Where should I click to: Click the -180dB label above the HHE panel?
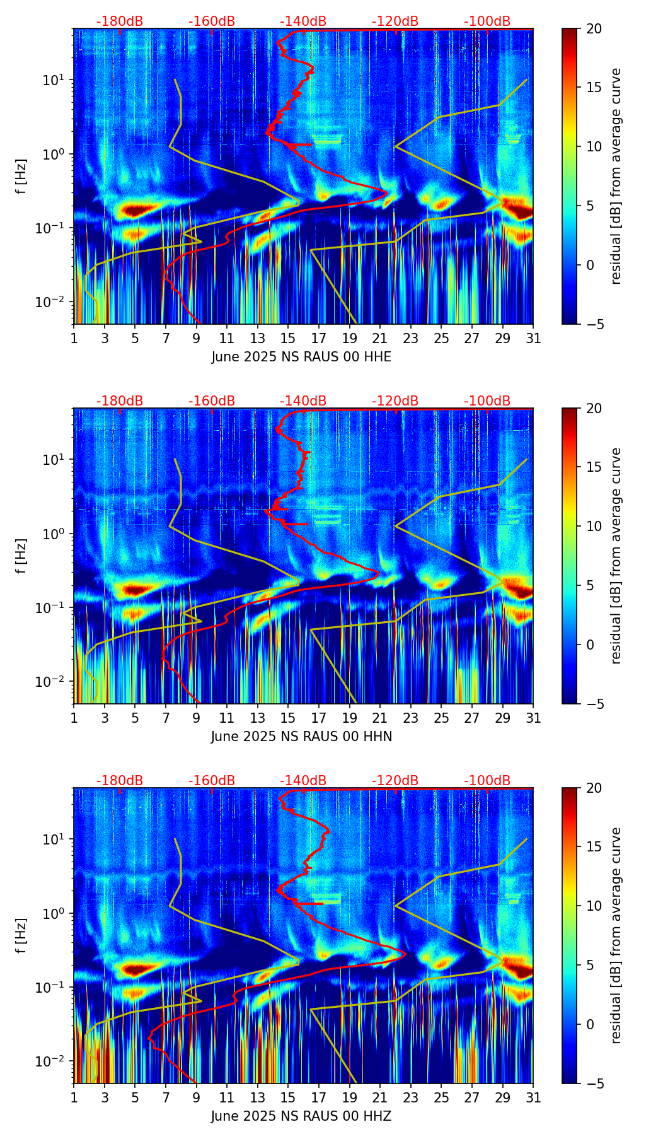coord(120,21)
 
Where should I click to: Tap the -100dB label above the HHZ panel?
coord(487,781)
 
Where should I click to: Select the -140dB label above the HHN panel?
coord(303,401)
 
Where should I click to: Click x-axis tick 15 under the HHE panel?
coord(288,338)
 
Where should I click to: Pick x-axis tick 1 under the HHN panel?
coord(74,718)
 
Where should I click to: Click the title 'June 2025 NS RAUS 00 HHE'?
coord(301,357)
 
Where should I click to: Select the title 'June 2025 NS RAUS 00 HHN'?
coord(301,737)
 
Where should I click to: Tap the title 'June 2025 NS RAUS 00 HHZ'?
coord(301,1116)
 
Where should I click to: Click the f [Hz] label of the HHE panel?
coord(21,177)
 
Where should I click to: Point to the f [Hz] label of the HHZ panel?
coord(21,936)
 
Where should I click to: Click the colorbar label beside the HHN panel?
coord(616,556)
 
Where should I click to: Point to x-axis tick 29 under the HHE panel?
coord(502,338)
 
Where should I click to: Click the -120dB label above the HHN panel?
coord(395,401)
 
